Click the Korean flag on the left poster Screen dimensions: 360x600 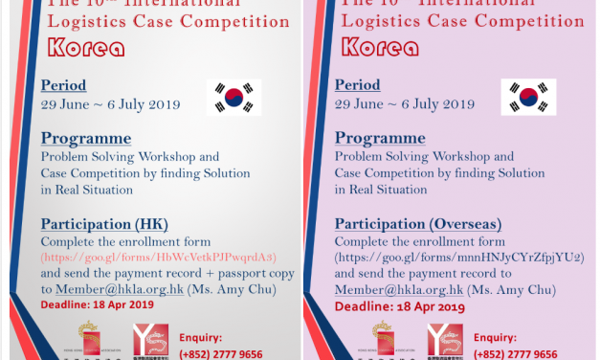click(233, 97)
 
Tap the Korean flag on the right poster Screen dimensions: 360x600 click(528, 97)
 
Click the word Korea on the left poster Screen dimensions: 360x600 click(84, 46)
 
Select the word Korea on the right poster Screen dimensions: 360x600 click(379, 46)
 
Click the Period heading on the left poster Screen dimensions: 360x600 click(63, 85)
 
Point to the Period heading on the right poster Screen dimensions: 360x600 click(358, 85)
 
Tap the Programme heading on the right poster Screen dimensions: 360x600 click(380, 138)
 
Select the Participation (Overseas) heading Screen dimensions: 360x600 click(418, 224)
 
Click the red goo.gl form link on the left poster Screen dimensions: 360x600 click(158, 258)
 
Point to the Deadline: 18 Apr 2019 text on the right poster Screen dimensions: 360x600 click(400, 306)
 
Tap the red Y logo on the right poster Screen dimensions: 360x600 click(444, 341)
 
